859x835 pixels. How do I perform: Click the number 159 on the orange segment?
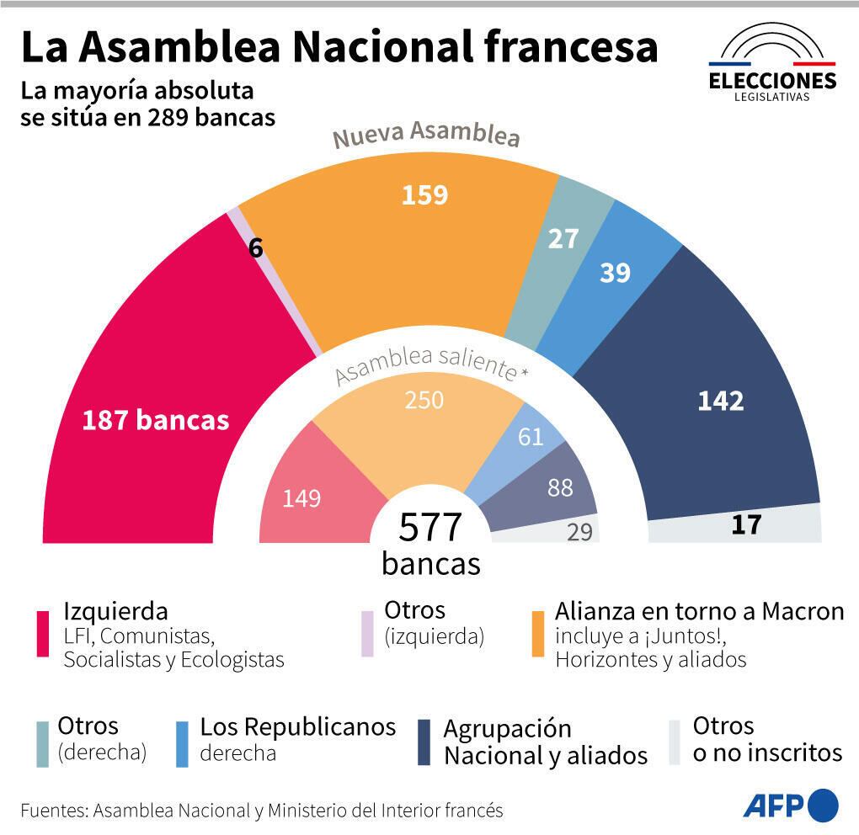[x=424, y=195]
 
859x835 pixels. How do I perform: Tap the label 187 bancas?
[x=155, y=420]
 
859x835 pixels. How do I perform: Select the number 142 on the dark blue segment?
[x=721, y=402]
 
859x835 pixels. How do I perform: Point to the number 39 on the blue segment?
[x=615, y=273]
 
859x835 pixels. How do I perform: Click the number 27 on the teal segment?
[x=563, y=239]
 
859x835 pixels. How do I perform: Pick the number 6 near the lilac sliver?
[x=256, y=248]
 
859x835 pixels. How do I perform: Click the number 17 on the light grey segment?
[x=746, y=525]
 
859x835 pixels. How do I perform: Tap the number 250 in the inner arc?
[x=424, y=400]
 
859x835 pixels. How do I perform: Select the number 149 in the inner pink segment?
[x=301, y=498]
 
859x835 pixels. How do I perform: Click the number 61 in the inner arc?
[x=531, y=437]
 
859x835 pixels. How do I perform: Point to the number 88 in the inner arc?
[x=560, y=487]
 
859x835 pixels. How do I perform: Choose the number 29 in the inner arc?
[x=579, y=532]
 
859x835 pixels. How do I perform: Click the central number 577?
[x=430, y=528]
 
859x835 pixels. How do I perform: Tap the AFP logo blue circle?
[x=823, y=805]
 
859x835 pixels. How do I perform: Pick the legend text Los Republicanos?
[x=297, y=726]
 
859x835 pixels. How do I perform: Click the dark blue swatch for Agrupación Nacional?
[x=425, y=742]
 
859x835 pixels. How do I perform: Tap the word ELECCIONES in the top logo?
[x=772, y=81]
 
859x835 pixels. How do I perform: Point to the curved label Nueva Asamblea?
[x=425, y=136]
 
